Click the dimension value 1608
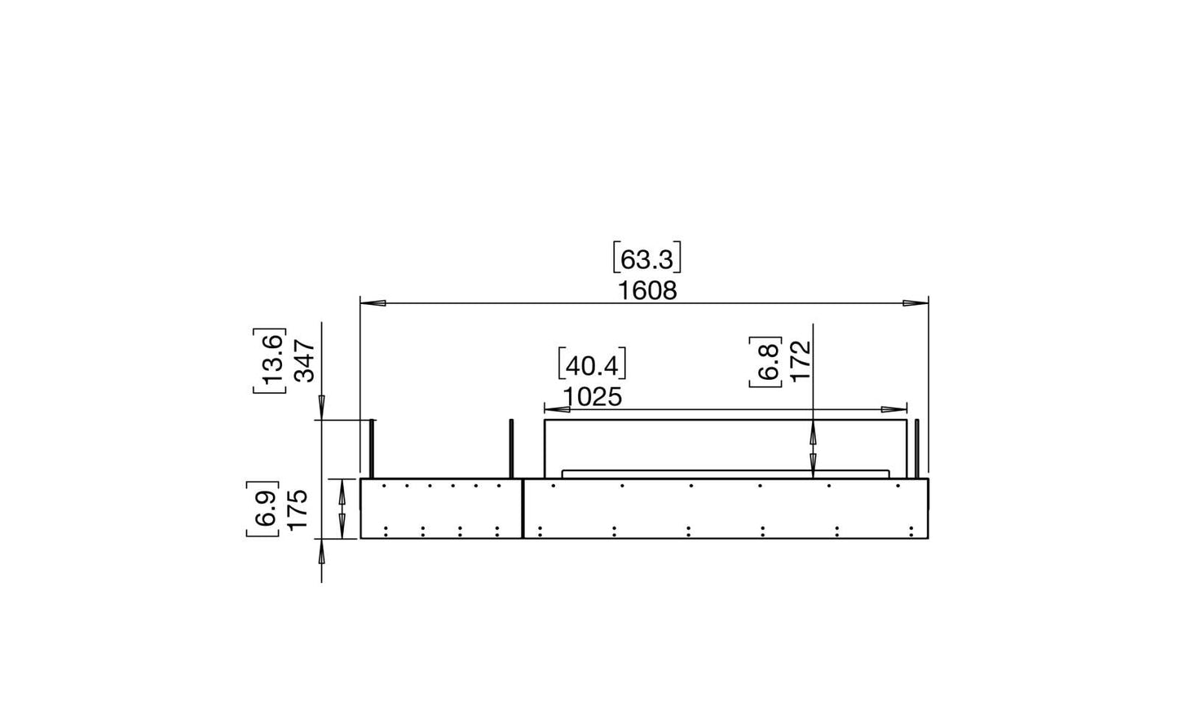pyautogui.click(x=646, y=290)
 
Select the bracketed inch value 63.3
pyautogui.click(x=646, y=258)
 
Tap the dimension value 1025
pyautogui.click(x=592, y=396)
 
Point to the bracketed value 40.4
pyautogui.click(x=592, y=364)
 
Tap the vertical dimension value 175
pyautogui.click(x=298, y=510)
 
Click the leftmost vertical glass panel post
pyautogui.click(x=373, y=449)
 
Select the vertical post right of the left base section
pyautogui.click(x=511, y=449)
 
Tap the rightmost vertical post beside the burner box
pyautogui.click(x=917, y=449)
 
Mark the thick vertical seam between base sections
pyautogui.click(x=523, y=509)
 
